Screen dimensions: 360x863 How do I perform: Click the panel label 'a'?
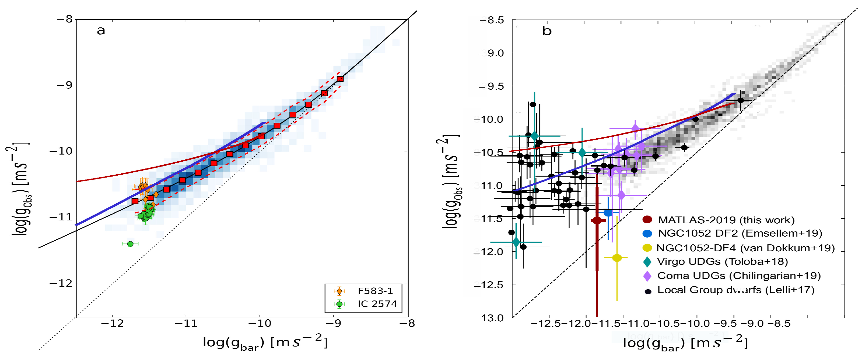101,31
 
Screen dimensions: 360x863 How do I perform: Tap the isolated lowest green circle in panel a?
130,244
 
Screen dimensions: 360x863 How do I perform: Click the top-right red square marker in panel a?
340,79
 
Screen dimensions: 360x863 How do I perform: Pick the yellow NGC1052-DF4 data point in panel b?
617,258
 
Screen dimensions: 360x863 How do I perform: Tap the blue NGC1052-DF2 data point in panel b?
608,213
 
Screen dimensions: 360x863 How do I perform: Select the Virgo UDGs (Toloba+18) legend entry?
722,262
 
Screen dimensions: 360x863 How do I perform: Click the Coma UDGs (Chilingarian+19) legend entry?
739,276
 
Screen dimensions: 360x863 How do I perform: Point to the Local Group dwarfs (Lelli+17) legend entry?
735,290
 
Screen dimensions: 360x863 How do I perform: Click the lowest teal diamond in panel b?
516,242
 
